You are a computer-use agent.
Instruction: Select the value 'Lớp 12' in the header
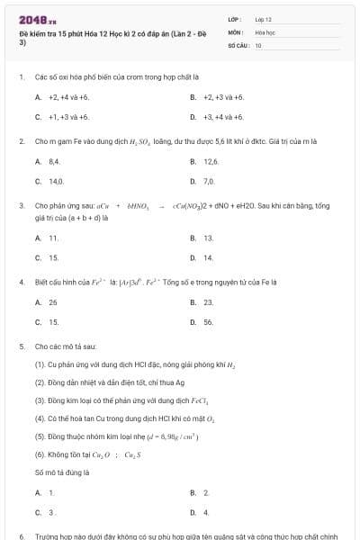pos(263,19)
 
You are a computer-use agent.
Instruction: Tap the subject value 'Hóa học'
pos(264,31)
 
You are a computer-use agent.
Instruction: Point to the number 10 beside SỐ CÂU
pos(258,44)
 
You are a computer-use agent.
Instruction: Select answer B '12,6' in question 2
pos(211,161)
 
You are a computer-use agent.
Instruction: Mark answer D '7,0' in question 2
pos(209,181)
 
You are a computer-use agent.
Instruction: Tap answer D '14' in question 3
pos(208,257)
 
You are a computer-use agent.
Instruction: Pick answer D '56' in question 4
pos(208,321)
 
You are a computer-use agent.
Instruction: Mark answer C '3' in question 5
pos(51,511)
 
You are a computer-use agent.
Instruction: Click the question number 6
pos(21,535)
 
